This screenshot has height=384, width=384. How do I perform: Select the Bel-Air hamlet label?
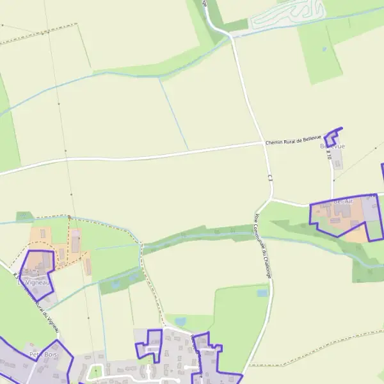click(343, 202)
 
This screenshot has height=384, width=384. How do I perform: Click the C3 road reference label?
click(271, 179)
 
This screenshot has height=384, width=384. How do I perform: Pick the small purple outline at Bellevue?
click(332, 136)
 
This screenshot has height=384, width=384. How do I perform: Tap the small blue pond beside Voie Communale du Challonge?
click(261, 293)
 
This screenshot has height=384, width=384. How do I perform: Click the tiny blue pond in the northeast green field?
click(324, 49)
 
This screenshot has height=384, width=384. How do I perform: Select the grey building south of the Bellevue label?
click(337, 161)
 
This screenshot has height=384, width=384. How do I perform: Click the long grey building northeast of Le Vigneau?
click(76, 242)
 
